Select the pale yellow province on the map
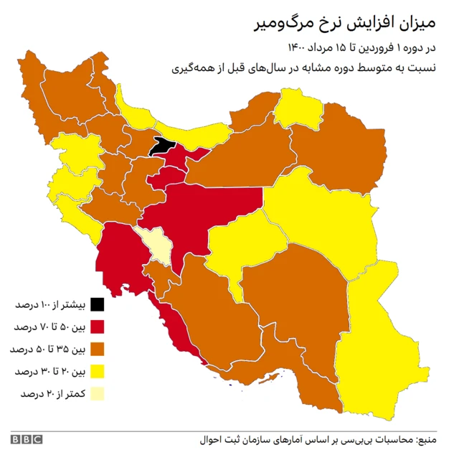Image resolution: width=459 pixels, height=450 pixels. [157, 244]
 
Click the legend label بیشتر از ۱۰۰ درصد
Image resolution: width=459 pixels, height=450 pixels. [52, 304]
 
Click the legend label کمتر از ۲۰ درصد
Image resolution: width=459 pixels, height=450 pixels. [54, 393]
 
